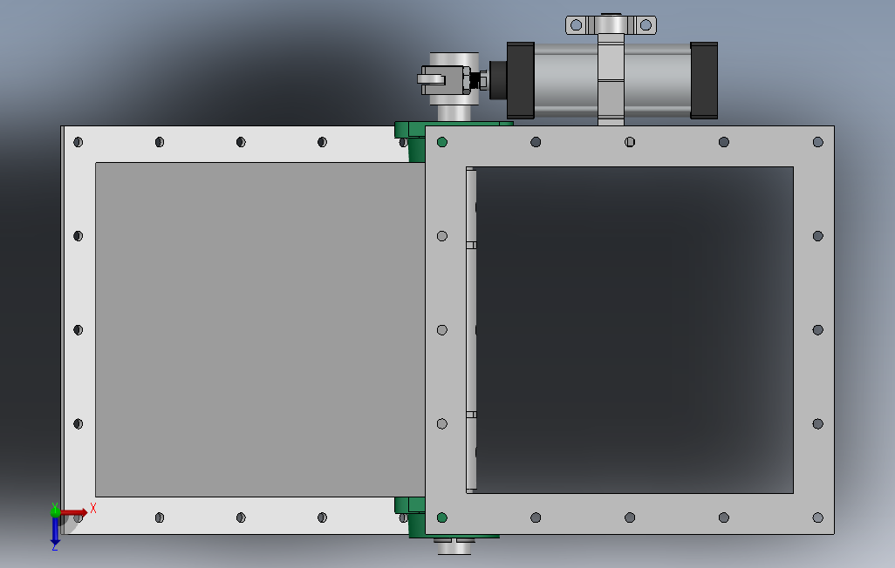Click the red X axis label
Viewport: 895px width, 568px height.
(x=93, y=508)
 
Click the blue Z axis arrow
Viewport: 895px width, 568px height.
(x=55, y=531)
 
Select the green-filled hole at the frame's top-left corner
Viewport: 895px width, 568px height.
(x=441, y=142)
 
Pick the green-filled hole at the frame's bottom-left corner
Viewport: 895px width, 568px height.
(x=441, y=517)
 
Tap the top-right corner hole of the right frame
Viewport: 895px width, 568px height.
(x=818, y=142)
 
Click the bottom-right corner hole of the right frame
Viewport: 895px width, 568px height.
(x=818, y=517)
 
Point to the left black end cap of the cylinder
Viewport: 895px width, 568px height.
(x=520, y=80)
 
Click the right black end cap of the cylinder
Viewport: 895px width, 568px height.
(x=704, y=80)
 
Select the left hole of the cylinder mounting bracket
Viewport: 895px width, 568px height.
(x=577, y=25)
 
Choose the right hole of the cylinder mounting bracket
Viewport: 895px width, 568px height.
(x=646, y=25)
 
